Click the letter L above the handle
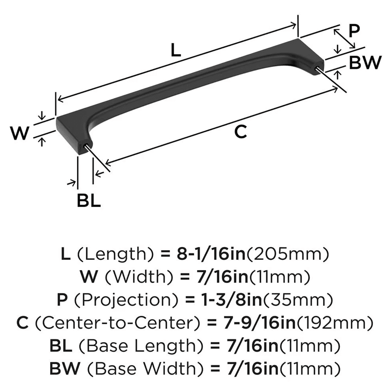coord(176,50)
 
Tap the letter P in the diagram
coord(354,31)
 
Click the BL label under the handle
coord(89,201)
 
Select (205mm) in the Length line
coord(287,255)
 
